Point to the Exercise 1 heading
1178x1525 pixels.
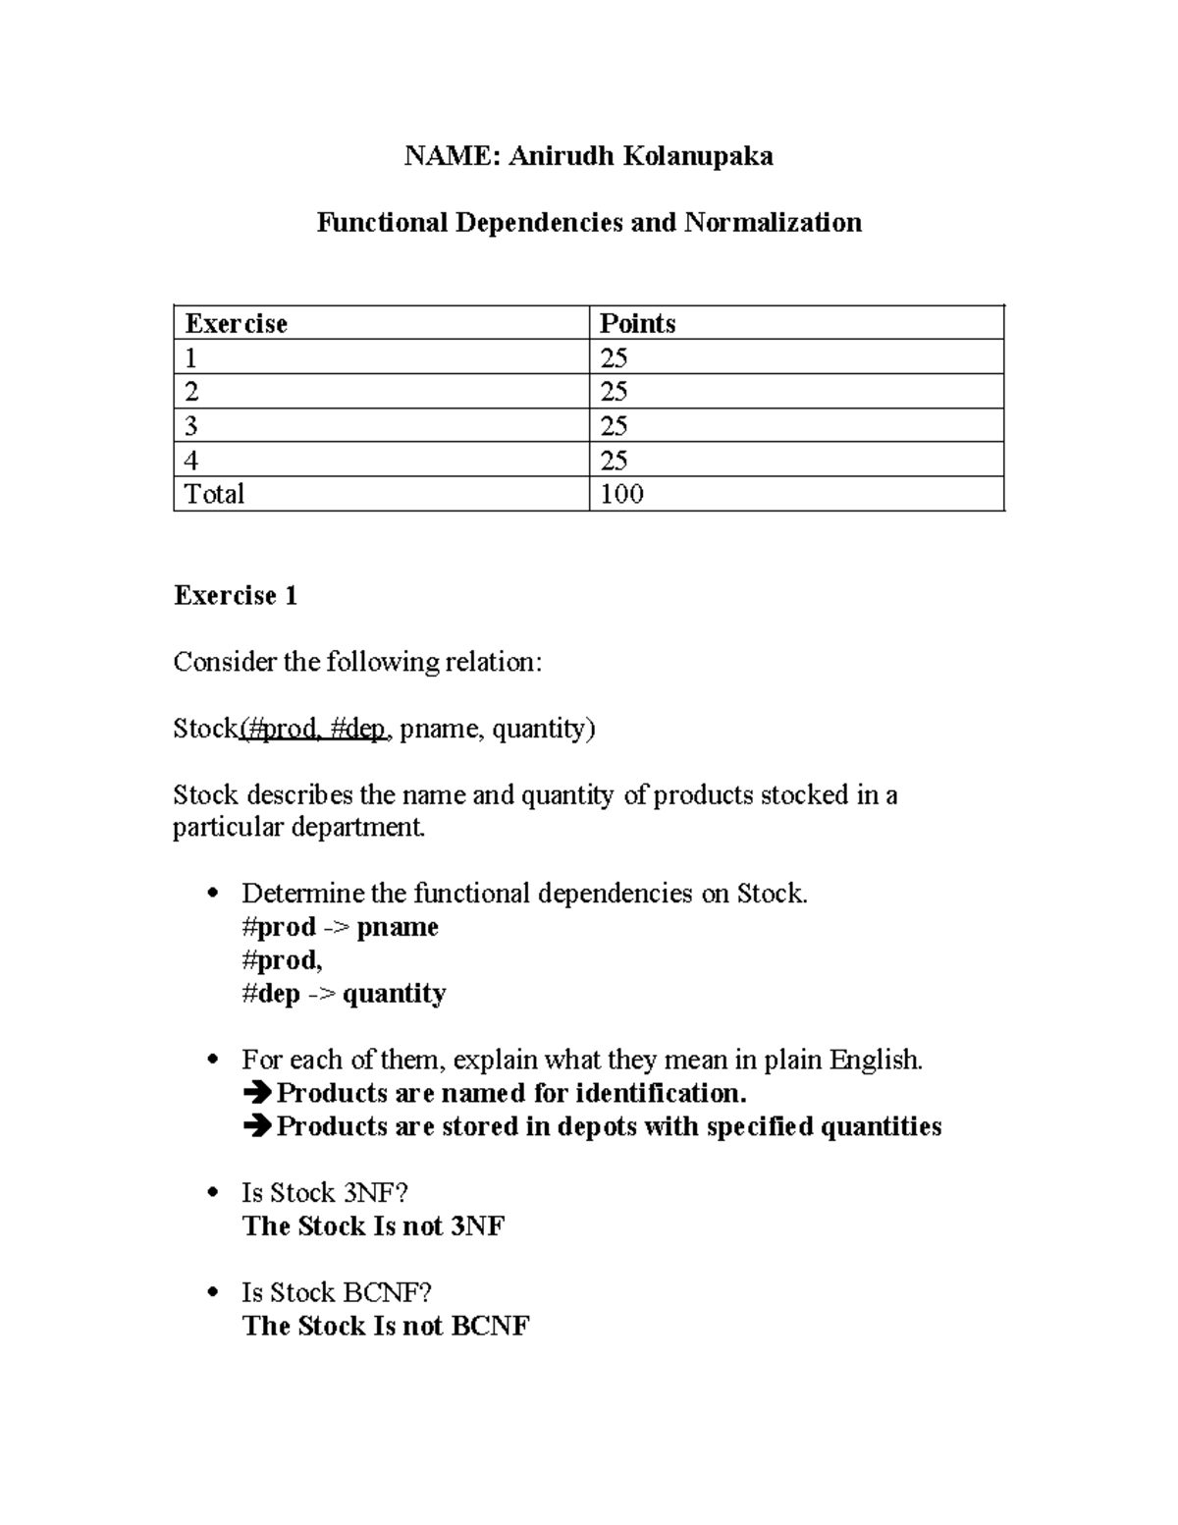point(236,596)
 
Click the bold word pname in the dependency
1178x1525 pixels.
point(398,927)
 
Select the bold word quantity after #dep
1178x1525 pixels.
point(394,994)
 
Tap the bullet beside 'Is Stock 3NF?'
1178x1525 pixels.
point(213,1193)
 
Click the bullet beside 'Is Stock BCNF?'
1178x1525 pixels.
point(213,1292)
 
